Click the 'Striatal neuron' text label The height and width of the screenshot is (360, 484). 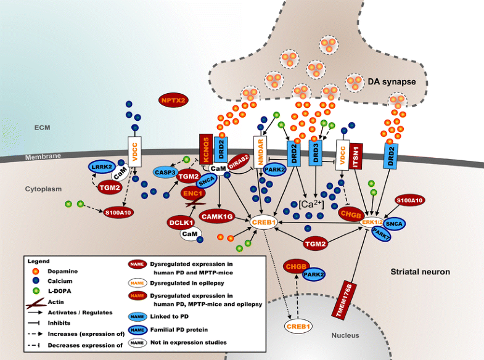[422, 271]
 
